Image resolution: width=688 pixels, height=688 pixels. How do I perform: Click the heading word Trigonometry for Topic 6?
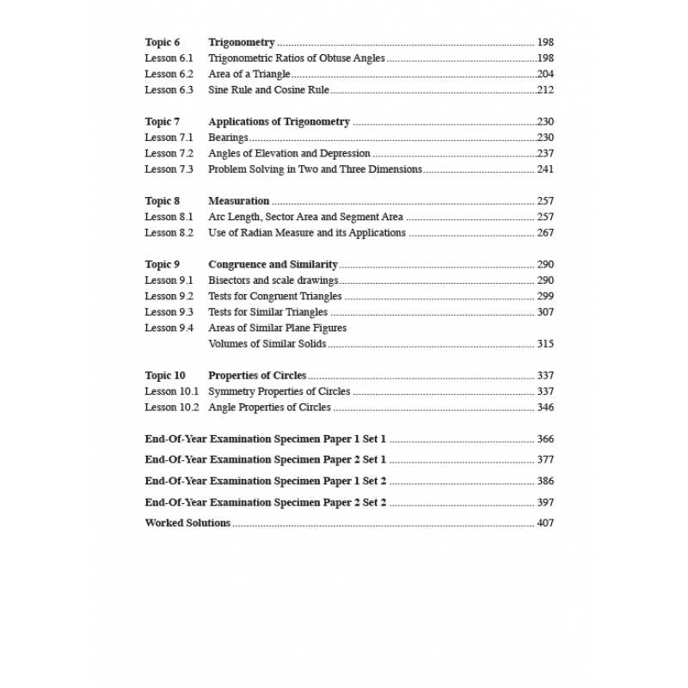242,42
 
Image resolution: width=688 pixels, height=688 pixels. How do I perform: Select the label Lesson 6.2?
169,74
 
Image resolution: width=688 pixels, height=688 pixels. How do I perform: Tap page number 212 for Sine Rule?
545,89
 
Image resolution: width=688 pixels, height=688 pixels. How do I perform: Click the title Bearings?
228,138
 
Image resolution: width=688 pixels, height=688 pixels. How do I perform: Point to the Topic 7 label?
163,121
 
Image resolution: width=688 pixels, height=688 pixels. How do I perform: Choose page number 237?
545,153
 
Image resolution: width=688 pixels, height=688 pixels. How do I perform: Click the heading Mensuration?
239,200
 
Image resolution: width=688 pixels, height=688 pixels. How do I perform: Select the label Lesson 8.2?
169,232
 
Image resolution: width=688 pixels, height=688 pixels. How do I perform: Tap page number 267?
545,232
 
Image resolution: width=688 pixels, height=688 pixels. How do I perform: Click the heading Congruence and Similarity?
273,264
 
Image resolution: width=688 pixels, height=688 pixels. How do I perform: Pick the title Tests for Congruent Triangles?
274,296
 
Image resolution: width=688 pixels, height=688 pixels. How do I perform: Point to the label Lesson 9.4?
169,328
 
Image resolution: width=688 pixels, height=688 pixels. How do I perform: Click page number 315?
545,344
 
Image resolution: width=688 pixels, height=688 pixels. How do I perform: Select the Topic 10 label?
165,375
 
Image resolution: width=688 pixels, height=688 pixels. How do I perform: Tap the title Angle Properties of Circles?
269,407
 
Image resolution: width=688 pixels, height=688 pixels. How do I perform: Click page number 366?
545,439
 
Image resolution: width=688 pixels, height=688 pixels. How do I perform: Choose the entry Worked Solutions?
187,523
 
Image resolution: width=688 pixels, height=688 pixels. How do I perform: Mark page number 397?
545,502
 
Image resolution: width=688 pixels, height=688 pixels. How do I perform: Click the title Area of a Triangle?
249,74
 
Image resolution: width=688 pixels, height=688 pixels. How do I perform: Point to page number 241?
545,169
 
